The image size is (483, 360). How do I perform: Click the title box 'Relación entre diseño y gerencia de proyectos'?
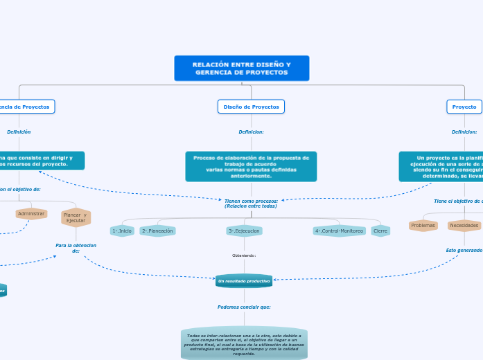[x=241, y=69]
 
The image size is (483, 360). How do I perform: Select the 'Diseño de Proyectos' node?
[x=251, y=107]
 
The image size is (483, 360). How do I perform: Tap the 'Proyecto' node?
[x=464, y=107]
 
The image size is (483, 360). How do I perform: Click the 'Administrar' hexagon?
[x=31, y=214]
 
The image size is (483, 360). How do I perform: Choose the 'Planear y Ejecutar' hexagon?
[x=76, y=217]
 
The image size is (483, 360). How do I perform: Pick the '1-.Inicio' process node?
[x=122, y=231]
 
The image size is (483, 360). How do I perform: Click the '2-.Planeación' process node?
[x=157, y=231]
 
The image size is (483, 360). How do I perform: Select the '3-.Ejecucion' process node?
[x=244, y=231]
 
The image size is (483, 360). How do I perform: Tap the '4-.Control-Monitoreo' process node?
[x=339, y=231]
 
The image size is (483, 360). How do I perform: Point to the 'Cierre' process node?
[x=380, y=231]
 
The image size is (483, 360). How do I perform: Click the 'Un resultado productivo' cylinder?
[x=244, y=281]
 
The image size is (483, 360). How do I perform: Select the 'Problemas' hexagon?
[x=423, y=225]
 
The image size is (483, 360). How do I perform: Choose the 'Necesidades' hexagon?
[x=464, y=225]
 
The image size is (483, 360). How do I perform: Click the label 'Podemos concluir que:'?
[x=244, y=307]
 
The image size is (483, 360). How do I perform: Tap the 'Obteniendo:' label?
[x=244, y=255]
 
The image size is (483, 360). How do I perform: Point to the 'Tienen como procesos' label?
[x=251, y=204]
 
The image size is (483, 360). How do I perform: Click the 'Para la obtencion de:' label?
[x=76, y=248]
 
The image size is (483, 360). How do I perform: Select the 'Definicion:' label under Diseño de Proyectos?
[x=251, y=132]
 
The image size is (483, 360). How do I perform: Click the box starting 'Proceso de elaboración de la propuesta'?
[x=251, y=167]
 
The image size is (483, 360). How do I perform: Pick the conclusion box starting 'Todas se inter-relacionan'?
[x=244, y=344]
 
